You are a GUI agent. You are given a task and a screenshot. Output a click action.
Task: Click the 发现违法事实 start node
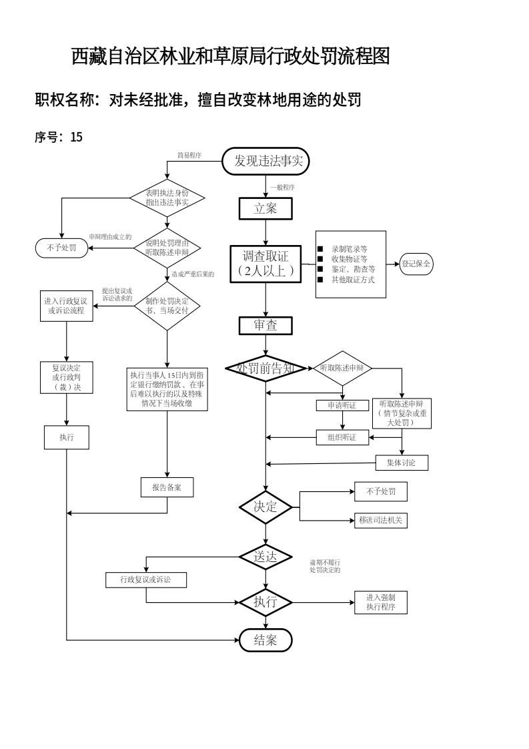266,161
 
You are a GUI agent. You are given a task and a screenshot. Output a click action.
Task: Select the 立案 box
266,208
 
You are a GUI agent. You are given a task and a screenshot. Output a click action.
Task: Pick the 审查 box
266,325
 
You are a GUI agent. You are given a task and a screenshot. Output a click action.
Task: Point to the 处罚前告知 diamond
266,368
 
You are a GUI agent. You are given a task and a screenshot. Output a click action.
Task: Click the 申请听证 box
342,405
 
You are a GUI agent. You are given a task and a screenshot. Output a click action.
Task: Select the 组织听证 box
342,438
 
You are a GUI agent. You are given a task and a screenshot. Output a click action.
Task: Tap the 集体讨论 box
402,462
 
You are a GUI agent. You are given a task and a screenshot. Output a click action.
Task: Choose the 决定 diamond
266,507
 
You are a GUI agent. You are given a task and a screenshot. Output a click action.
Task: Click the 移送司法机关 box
380,520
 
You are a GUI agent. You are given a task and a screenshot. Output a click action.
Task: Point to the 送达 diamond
266,556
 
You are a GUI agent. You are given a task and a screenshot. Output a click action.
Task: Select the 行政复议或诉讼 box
145,579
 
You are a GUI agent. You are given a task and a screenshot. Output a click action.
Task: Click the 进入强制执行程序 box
380,602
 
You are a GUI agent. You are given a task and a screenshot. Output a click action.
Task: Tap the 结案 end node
266,640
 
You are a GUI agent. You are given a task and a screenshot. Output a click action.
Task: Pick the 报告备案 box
167,487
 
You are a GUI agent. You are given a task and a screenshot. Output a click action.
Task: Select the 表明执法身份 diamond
167,198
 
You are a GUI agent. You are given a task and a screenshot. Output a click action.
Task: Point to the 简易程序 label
189,156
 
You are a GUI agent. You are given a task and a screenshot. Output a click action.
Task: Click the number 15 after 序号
76,138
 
